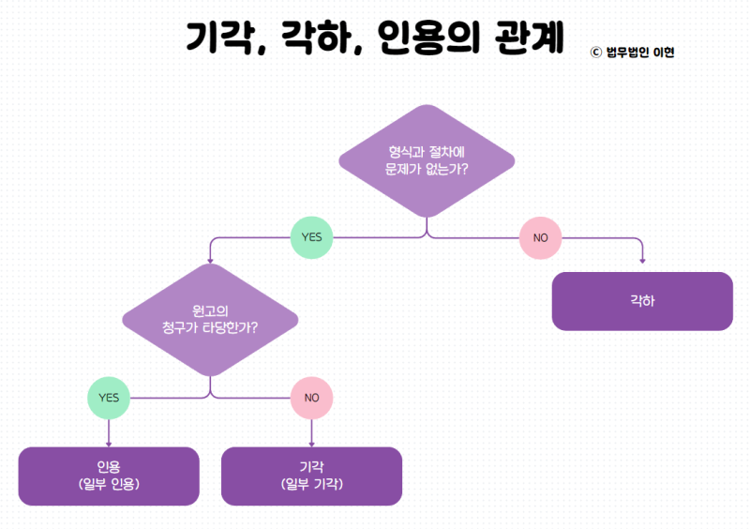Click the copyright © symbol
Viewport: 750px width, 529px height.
[x=595, y=53]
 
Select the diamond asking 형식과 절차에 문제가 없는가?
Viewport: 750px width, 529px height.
[x=427, y=160]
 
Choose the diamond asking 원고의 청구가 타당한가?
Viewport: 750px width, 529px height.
[x=210, y=320]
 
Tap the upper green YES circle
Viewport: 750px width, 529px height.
[x=311, y=237]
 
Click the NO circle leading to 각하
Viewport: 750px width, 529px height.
[x=540, y=237]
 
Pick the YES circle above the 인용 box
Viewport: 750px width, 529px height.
[x=109, y=397]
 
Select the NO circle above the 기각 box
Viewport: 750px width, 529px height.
[x=311, y=397]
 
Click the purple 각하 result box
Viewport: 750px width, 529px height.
[x=642, y=301]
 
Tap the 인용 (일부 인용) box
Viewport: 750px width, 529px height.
[x=109, y=476]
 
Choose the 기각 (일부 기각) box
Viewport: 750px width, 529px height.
[x=311, y=476]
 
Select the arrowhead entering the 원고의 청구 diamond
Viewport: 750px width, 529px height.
[x=210, y=260]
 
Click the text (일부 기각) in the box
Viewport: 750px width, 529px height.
[x=311, y=485]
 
